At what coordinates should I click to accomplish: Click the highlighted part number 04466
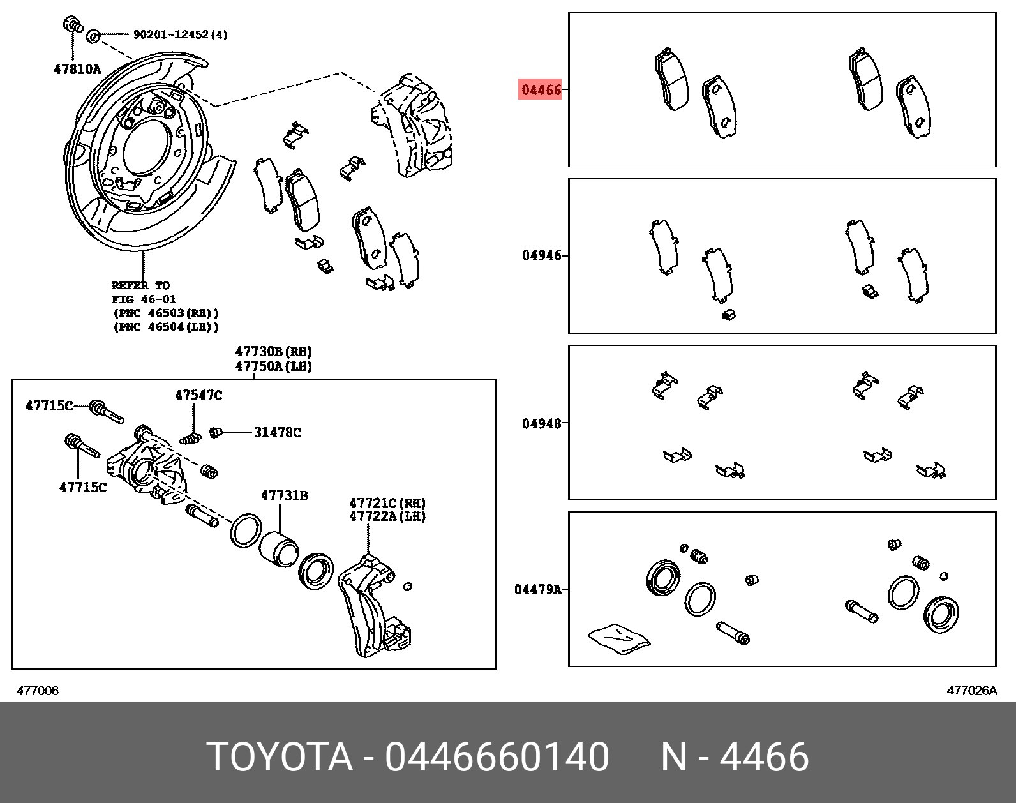point(541,89)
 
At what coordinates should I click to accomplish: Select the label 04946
point(542,255)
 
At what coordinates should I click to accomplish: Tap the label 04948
point(542,423)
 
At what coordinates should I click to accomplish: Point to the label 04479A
point(538,589)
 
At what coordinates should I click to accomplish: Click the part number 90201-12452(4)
point(180,34)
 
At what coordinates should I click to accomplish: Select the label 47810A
point(77,70)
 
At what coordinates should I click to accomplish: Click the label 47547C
point(198,395)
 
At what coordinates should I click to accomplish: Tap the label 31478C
point(277,432)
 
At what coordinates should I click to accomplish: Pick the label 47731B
point(284,495)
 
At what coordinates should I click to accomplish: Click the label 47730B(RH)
point(273,352)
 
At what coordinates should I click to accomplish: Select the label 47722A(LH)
point(387,516)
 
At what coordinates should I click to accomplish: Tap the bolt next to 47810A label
point(72,27)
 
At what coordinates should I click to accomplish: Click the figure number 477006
point(38,691)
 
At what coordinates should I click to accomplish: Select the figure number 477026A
point(971,691)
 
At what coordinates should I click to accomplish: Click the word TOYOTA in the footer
point(280,757)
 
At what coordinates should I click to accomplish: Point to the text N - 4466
point(735,757)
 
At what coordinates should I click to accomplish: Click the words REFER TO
point(140,285)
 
